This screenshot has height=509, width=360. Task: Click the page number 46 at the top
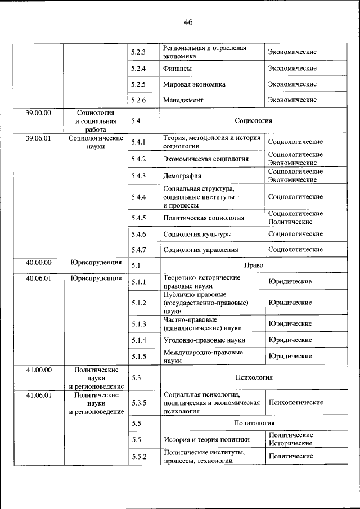click(x=188, y=22)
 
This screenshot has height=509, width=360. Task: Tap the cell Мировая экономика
click(x=194, y=84)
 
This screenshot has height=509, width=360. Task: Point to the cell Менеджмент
click(x=183, y=100)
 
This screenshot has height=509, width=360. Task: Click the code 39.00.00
click(x=38, y=113)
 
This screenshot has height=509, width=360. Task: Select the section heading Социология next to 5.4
click(x=253, y=120)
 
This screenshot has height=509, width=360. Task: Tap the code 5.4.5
click(x=138, y=218)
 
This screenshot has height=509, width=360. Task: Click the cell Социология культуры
click(x=197, y=234)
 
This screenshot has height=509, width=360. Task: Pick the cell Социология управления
click(x=200, y=250)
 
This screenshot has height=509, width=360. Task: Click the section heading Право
click(x=253, y=265)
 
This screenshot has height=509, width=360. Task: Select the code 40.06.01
click(x=38, y=278)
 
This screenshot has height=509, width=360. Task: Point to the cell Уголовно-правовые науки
click(x=204, y=340)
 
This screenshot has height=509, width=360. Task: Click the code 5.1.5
click(x=138, y=357)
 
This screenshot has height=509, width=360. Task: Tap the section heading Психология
click(x=253, y=378)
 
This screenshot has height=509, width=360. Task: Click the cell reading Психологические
click(x=296, y=403)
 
